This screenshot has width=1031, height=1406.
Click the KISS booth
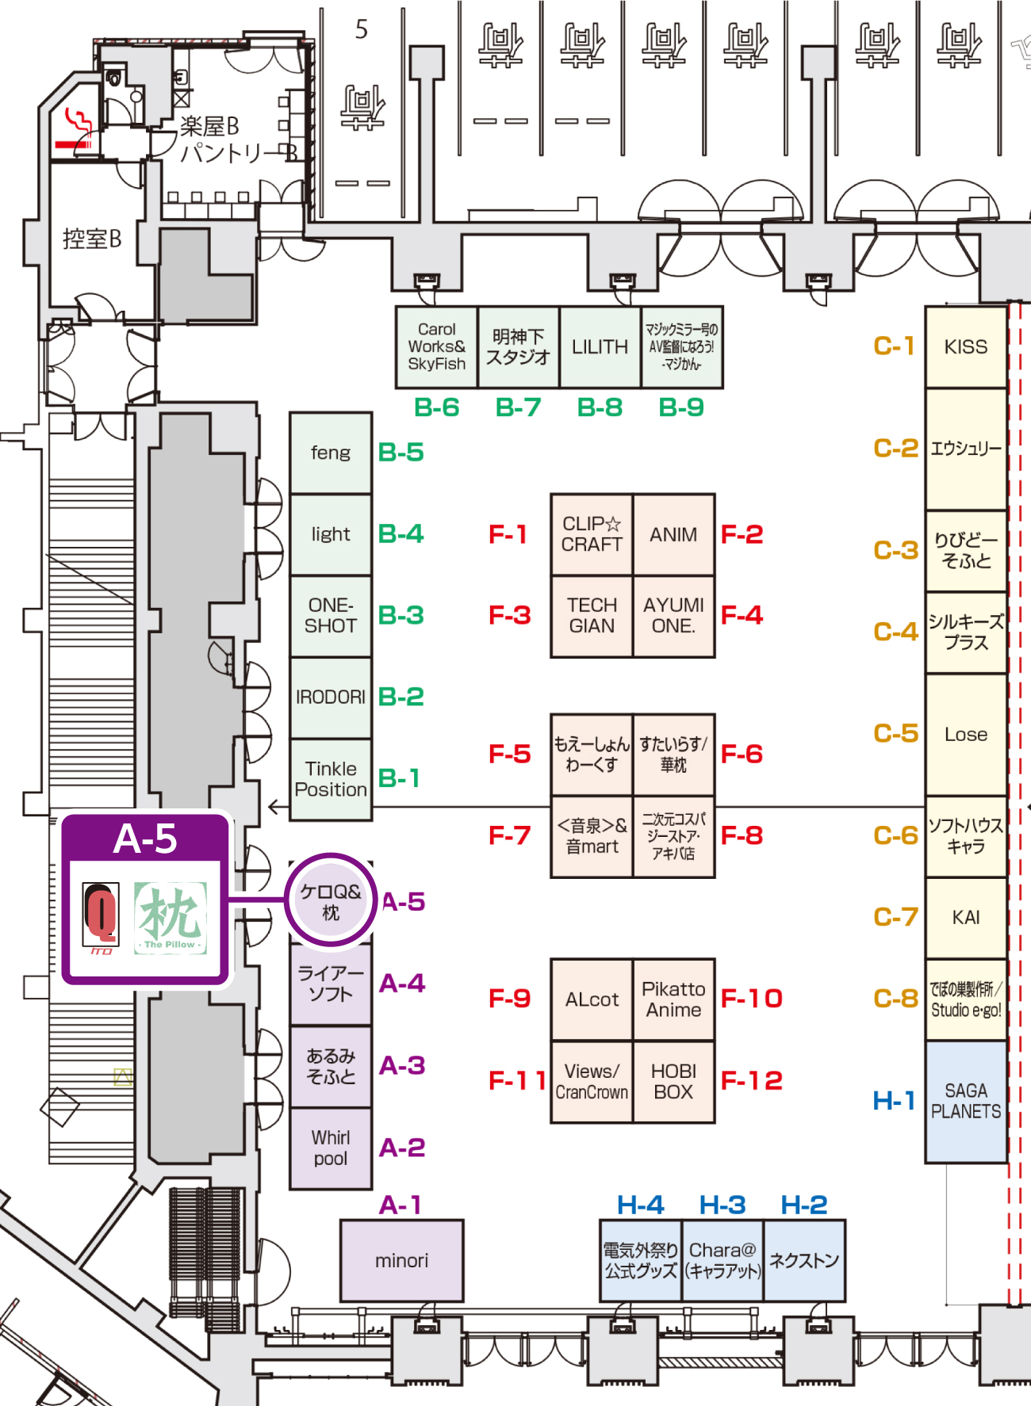coord(965,347)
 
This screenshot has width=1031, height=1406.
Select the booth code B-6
coord(436,407)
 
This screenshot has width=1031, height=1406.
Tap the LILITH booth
coord(600,347)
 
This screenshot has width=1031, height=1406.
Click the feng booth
coord(330,453)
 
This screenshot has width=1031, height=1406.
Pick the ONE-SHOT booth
coord(330,616)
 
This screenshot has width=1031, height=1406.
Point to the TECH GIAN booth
coord(592,616)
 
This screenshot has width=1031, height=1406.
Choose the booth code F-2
coord(742,534)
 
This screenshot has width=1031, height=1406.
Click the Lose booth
coord(965,735)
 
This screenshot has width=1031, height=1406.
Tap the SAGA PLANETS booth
coord(965,1101)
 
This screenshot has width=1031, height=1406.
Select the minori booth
coord(401,1260)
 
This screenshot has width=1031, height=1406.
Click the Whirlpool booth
coord(330,1148)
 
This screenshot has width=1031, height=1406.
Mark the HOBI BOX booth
coord(673,1082)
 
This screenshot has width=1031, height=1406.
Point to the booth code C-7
coord(895,917)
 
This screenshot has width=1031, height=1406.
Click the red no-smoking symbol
coord(75,132)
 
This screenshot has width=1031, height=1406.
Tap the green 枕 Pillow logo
coord(170,918)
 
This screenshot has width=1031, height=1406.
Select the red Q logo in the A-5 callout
coord(102,915)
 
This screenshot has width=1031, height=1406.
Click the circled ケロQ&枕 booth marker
coord(330,901)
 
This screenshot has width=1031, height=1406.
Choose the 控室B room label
coord(92,239)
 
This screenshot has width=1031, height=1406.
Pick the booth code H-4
coord(640,1205)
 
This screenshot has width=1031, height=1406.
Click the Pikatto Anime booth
coord(673,999)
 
